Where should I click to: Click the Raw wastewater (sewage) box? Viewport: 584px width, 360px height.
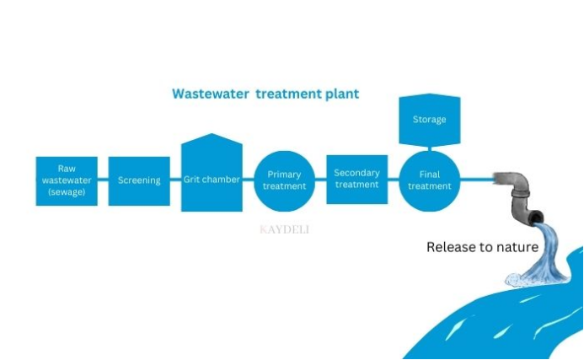click(67, 180)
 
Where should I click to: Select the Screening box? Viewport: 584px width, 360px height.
click(139, 180)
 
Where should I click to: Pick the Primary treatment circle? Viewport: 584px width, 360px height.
click(284, 180)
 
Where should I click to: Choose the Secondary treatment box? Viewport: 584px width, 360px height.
click(356, 179)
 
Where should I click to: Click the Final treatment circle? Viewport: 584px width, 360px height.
click(429, 180)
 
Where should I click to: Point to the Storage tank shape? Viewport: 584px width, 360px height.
click(429, 119)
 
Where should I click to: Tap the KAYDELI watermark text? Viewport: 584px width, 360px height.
click(284, 228)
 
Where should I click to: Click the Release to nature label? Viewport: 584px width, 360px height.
click(482, 247)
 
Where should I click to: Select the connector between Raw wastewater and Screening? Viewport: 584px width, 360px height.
click(103, 180)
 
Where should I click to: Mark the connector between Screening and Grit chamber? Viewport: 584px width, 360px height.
click(175, 180)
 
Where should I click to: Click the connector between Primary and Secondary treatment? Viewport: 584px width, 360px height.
click(320, 180)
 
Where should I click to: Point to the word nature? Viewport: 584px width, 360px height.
click(514, 247)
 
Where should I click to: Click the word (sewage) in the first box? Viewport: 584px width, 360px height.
click(67, 191)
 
